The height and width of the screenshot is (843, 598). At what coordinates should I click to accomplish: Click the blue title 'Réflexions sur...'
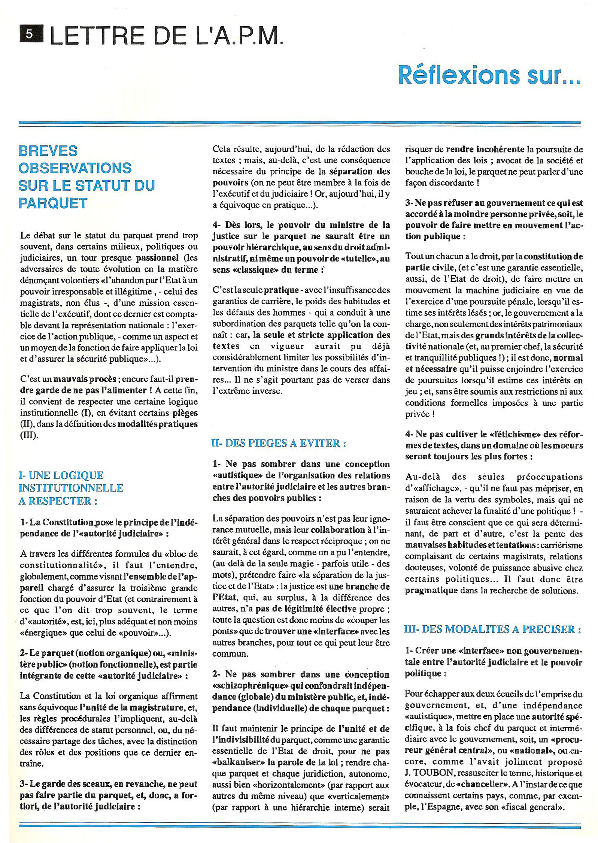(489, 75)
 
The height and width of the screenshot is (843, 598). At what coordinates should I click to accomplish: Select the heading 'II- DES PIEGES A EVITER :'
(279, 443)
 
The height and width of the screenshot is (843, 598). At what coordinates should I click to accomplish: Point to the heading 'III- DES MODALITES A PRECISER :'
(492, 629)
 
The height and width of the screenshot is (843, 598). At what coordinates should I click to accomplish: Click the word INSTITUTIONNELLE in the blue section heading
(71, 488)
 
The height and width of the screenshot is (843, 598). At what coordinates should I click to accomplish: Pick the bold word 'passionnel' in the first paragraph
(157, 258)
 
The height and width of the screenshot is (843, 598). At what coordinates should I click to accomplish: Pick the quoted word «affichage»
(431, 489)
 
